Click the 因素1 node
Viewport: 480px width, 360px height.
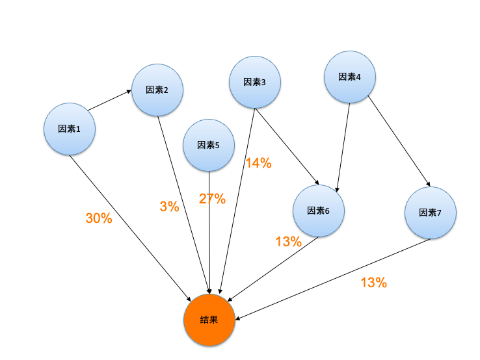(x=70, y=129)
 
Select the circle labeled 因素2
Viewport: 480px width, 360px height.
(x=157, y=90)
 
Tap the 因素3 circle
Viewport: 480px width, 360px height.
(x=254, y=82)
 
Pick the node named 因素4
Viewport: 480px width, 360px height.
(x=350, y=77)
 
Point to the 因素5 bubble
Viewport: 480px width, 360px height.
(x=209, y=145)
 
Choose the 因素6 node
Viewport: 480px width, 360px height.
(x=318, y=211)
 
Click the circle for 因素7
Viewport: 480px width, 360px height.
(x=430, y=212)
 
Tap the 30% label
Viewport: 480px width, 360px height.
(x=99, y=218)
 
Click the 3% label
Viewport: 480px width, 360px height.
(x=169, y=207)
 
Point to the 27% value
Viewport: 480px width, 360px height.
(x=212, y=199)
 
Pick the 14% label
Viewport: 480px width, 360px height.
(x=258, y=163)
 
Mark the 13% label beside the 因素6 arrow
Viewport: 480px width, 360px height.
(x=288, y=242)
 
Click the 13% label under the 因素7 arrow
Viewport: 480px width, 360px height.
(x=373, y=282)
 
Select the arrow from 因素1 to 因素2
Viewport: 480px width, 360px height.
(x=110, y=101)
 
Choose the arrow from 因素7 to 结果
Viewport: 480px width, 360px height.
(x=333, y=279)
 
